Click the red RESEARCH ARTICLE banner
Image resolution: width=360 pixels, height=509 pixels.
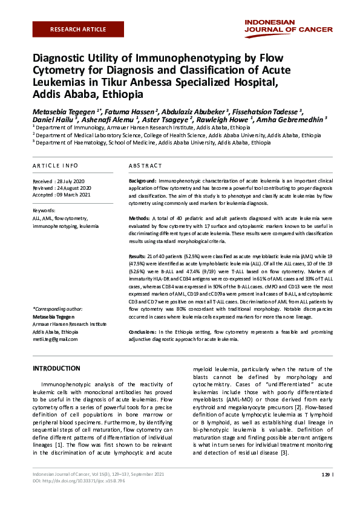tap(78, 29)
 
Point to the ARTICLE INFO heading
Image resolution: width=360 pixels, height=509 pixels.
tap(55, 165)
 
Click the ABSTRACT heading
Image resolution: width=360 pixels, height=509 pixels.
tap(145, 165)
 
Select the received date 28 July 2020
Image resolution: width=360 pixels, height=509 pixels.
tap(71, 181)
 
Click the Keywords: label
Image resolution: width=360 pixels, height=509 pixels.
tap(44, 210)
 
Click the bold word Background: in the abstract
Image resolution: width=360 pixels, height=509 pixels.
tap(143, 181)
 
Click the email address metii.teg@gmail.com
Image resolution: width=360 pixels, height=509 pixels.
tap(55, 339)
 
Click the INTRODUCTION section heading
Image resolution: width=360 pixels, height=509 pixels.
tap(56, 368)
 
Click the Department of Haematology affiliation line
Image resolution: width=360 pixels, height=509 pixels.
tap(154, 143)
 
